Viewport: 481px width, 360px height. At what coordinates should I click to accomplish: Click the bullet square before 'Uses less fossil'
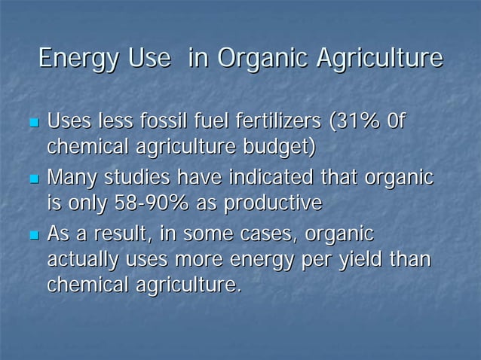(x=32, y=121)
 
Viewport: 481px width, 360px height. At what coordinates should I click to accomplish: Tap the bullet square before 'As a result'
(x=32, y=236)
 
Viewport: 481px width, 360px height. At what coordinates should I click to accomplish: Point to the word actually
(x=83, y=261)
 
